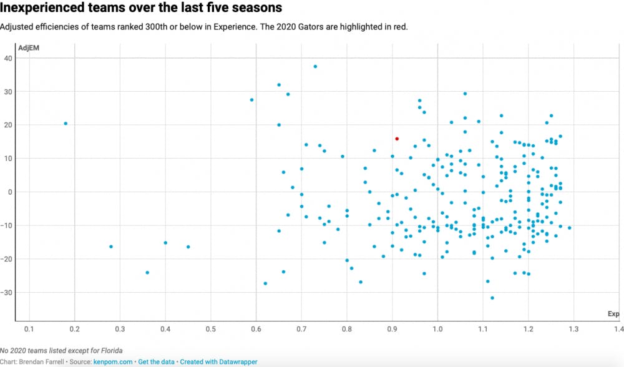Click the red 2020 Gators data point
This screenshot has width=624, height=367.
click(397, 139)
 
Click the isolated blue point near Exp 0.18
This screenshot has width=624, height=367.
click(66, 124)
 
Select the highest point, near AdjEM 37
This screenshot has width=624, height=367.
click(315, 66)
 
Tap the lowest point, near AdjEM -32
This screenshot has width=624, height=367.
click(492, 298)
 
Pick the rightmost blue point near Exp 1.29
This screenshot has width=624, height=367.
click(569, 228)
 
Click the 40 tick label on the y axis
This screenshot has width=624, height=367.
click(9, 58)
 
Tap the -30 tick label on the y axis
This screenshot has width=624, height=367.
click(7, 292)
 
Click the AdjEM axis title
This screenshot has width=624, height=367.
click(29, 48)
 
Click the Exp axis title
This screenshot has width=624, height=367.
click(613, 313)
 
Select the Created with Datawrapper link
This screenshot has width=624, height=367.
click(218, 362)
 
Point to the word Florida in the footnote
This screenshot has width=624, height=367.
click(92, 351)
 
